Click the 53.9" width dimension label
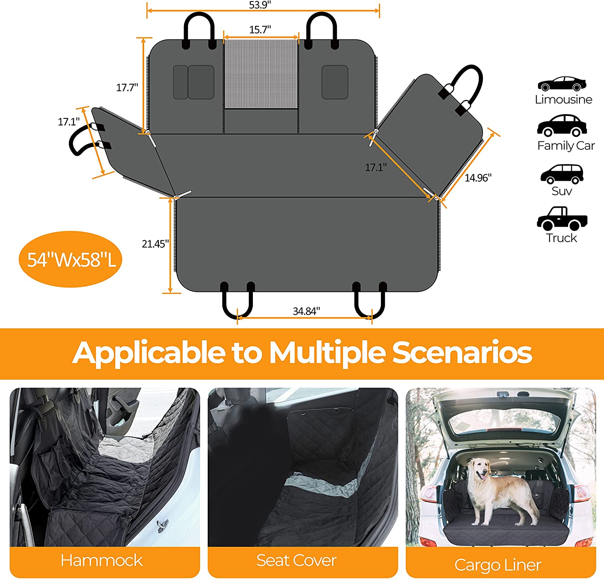pyautogui.click(x=260, y=5)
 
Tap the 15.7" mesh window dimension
pyautogui.click(x=260, y=30)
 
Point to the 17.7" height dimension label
pyautogui.click(x=127, y=87)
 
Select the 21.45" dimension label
pyautogui.click(x=155, y=244)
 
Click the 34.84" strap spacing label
pyautogui.click(x=306, y=311)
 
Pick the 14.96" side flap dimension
pyautogui.click(x=478, y=178)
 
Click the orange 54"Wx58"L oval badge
pyautogui.click(x=70, y=259)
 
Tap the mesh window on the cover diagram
pyautogui.click(x=261, y=74)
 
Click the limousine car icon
pyautogui.click(x=562, y=84)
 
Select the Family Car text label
pyautogui.click(x=566, y=146)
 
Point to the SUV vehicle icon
pyautogui.click(x=562, y=174)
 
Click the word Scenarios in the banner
pyautogui.click(x=462, y=353)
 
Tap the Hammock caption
pyautogui.click(x=101, y=560)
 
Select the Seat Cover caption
pyautogui.click(x=296, y=560)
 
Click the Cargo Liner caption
pyautogui.click(x=498, y=565)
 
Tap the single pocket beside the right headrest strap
pyautogui.click(x=335, y=82)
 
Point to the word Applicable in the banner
pyautogui.click(x=149, y=353)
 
